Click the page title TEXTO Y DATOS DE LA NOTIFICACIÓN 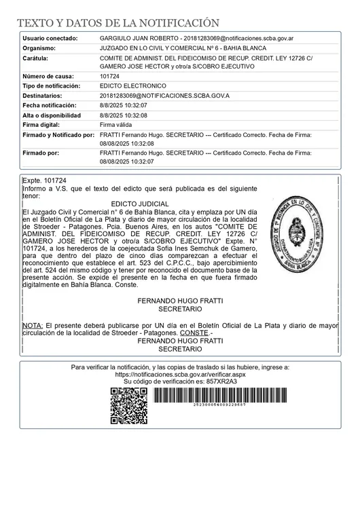(118, 23)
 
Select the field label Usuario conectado (50, 39)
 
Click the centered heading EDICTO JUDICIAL (139, 204)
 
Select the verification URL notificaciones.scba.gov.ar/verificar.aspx (180, 374)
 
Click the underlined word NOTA (32, 326)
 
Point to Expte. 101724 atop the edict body (44, 181)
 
